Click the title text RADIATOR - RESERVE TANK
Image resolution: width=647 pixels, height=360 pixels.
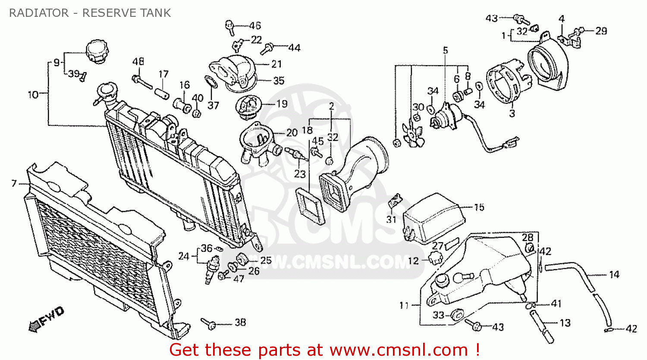pos(90,13)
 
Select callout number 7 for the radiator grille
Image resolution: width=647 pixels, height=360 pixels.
pos(14,184)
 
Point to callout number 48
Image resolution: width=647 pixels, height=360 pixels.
pos(138,62)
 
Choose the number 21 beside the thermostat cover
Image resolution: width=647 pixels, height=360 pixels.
pos(276,64)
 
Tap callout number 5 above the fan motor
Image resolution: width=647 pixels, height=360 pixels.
pos(446,50)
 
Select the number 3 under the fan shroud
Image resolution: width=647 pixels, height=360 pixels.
pos(512,114)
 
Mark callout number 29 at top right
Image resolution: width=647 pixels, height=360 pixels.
pos(601,31)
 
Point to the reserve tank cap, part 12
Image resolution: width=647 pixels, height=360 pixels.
pos(436,259)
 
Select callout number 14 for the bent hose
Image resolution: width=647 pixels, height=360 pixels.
pos(614,275)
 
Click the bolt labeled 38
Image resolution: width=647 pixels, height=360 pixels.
pos(209,323)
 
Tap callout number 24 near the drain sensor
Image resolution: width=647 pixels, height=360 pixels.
pos(184,256)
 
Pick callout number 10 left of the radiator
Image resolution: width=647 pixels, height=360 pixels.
pos(33,94)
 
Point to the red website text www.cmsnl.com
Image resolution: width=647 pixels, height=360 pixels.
pos(399,350)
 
